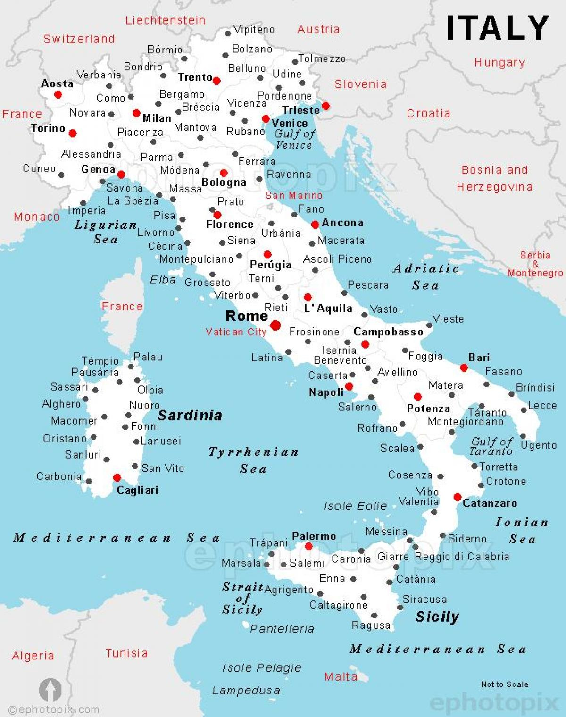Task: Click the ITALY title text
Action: (x=497, y=28)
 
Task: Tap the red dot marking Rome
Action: (x=275, y=325)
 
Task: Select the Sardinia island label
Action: (x=190, y=415)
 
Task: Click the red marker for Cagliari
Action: (x=117, y=478)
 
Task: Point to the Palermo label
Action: (x=314, y=536)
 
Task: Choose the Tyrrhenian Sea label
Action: (x=253, y=460)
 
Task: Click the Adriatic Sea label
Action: (x=425, y=276)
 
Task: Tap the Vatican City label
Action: (x=236, y=332)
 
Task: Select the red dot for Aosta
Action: (x=58, y=94)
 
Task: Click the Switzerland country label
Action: (x=79, y=39)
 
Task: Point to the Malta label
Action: (x=340, y=677)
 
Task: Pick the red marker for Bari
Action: (x=464, y=368)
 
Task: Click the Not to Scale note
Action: (x=504, y=684)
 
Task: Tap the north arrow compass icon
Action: (x=50, y=690)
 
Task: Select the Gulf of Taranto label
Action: (x=491, y=446)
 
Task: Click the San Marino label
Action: (x=293, y=195)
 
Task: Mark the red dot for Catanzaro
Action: (x=457, y=497)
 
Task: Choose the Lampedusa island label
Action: (x=246, y=691)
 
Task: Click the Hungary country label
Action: (x=499, y=62)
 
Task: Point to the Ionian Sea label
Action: (x=522, y=530)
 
